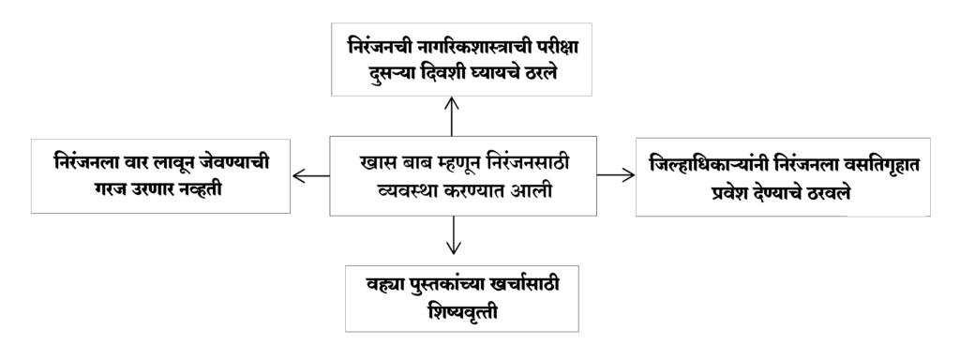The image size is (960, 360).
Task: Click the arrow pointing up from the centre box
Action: coord(451,116)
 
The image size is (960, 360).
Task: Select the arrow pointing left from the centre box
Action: coord(311,176)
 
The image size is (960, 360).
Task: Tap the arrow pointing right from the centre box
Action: coord(616,175)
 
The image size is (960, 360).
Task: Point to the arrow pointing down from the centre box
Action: coord(453,235)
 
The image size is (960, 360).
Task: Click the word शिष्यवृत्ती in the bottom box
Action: coord(462,311)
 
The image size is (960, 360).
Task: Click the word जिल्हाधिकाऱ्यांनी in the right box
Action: coord(706,165)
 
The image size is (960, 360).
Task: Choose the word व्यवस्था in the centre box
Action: coord(407,191)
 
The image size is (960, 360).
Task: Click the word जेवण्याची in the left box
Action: coord(237,163)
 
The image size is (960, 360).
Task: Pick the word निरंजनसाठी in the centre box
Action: coord(529,163)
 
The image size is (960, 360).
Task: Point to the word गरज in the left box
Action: coord(110,189)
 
